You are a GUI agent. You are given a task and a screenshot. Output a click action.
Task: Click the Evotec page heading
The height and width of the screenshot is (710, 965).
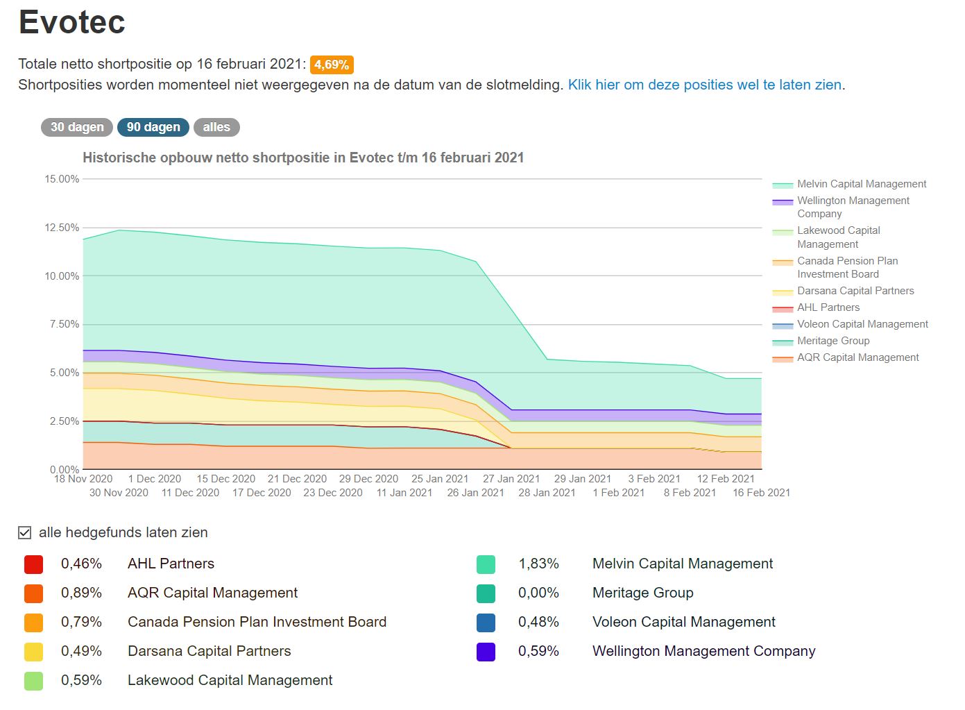(71, 22)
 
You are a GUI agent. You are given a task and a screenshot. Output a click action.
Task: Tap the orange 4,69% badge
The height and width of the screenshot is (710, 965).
(332, 65)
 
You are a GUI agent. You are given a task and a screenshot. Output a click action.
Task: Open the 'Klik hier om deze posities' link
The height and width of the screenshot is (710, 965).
(705, 85)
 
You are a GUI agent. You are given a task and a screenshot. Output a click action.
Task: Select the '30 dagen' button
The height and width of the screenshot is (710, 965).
(77, 127)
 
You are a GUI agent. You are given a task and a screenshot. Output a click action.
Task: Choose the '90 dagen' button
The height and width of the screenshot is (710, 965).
(153, 127)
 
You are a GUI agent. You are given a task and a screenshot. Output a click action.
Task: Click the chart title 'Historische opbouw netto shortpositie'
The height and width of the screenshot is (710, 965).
(303, 158)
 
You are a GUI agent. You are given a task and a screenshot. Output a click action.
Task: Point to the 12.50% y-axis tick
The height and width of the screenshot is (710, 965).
(62, 228)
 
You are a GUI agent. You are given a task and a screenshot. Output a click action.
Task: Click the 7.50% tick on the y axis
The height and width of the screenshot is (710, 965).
(65, 324)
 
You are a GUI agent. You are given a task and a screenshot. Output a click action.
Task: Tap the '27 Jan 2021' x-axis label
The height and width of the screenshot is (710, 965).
(511, 479)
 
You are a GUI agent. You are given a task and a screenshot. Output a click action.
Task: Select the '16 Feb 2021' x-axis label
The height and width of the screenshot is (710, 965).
(761, 493)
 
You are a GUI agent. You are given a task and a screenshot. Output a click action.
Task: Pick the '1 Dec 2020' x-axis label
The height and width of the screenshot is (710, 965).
(154, 479)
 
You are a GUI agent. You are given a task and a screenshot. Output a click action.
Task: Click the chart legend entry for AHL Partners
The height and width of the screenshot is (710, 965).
(828, 307)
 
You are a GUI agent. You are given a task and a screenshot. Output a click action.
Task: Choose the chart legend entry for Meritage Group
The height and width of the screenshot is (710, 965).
(832, 341)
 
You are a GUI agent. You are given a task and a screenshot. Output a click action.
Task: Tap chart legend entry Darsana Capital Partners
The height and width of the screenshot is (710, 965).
(855, 291)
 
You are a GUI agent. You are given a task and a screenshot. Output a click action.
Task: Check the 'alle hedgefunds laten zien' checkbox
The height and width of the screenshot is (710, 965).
(25, 532)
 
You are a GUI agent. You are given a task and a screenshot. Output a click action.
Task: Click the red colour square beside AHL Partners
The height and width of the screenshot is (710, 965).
(33, 564)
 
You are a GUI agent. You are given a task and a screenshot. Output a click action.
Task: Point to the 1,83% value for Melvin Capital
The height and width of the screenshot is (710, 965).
(538, 564)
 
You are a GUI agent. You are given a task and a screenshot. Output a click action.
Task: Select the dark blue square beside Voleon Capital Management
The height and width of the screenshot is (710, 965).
(486, 623)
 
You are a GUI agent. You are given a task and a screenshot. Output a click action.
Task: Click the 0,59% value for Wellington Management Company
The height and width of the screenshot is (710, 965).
(538, 651)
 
